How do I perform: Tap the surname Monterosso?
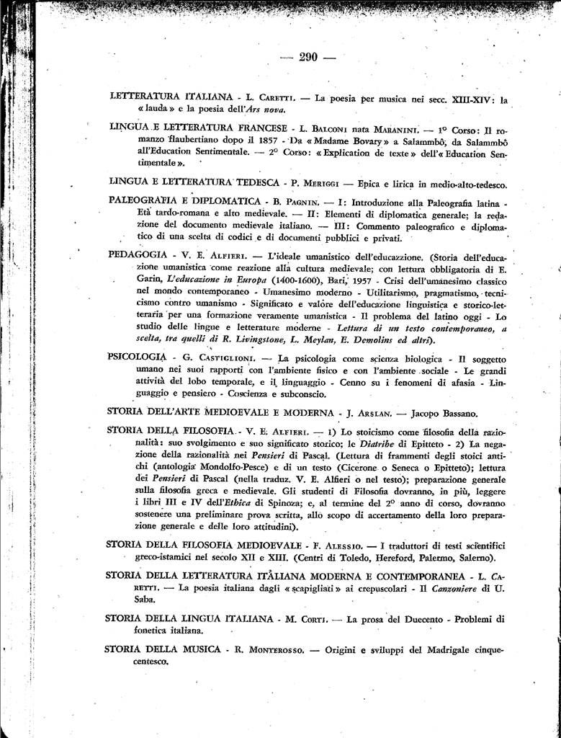[x=271, y=649]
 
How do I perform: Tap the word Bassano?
[x=455, y=414]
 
